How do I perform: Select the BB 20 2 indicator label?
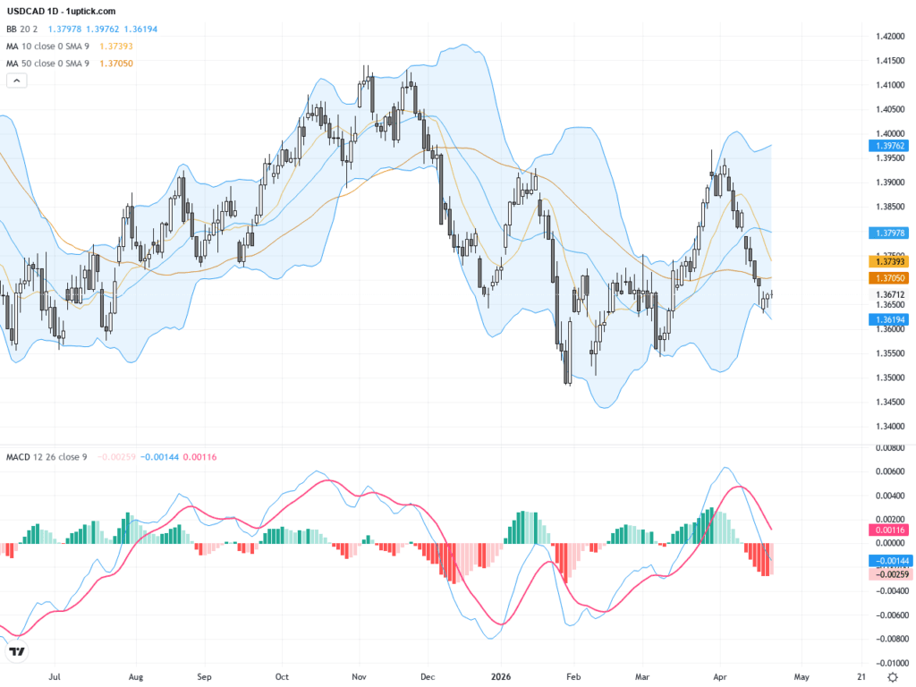[x=22, y=29]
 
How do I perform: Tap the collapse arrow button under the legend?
[x=17, y=81]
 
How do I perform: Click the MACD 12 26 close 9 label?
[x=47, y=457]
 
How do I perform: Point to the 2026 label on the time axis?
[x=501, y=676]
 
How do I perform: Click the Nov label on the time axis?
[x=359, y=676]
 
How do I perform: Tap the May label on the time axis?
[x=801, y=676]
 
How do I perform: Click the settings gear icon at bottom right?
[x=893, y=676]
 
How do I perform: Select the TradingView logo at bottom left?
[x=16, y=652]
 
